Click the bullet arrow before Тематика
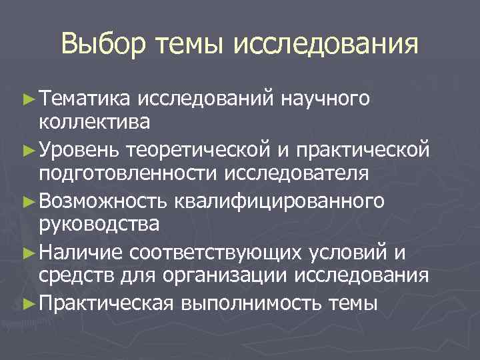(x=27, y=99)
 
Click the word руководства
(x=99, y=223)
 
